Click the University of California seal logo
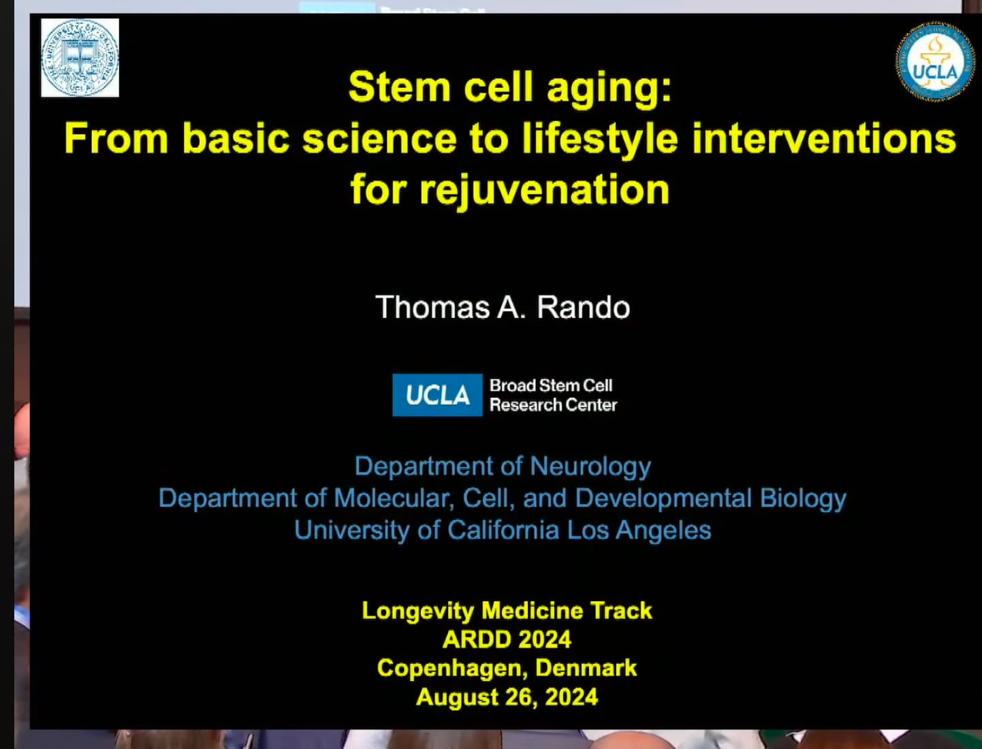[x=80, y=58]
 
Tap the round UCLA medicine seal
[x=935, y=61]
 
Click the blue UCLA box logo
[x=437, y=395]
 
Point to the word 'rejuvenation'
[x=545, y=191]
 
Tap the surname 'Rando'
[x=584, y=308]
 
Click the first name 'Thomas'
[x=432, y=308]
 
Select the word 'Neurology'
[x=590, y=467]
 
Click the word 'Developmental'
[x=663, y=498]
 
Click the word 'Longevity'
[x=418, y=611]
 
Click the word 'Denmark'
[x=586, y=667]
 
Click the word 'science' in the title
[x=380, y=139]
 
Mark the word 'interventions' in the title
[x=824, y=139]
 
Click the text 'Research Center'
[x=554, y=405]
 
